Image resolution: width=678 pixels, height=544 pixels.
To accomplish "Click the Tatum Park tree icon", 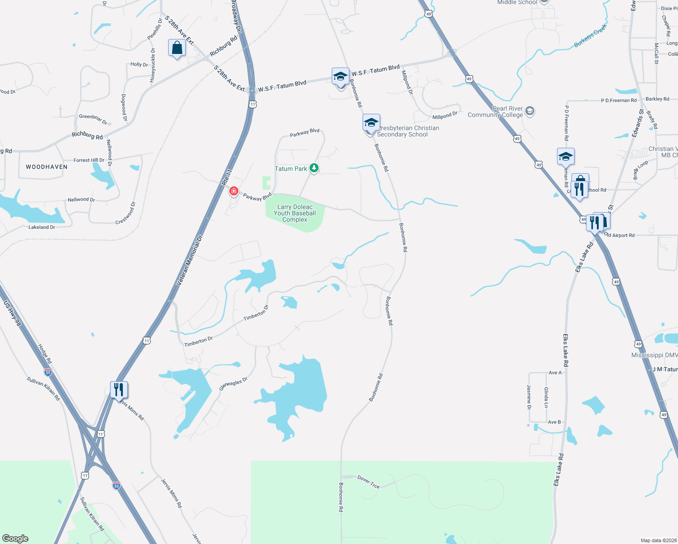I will (x=314, y=168).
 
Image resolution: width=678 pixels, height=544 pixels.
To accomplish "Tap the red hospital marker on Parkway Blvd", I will (x=234, y=191).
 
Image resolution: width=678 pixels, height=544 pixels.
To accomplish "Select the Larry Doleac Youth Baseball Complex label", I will (x=295, y=213).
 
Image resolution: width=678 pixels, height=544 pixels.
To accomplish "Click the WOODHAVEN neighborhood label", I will (x=47, y=167).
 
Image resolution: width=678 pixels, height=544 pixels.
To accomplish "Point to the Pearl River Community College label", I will (x=495, y=112).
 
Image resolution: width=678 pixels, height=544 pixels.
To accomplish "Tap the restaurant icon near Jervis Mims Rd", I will (x=119, y=389).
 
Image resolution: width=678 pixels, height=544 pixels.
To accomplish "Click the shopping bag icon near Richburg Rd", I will (x=177, y=48).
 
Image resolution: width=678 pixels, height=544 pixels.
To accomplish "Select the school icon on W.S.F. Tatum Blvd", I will (x=340, y=77).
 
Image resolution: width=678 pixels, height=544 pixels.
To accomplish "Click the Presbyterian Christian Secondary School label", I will (x=405, y=131).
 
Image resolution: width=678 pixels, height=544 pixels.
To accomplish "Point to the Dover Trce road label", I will (x=368, y=481).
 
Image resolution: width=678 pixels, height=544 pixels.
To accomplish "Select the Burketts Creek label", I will (x=590, y=36).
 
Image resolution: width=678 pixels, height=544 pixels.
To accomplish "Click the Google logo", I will (x=15, y=538).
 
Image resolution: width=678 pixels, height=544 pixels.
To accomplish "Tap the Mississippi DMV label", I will (x=654, y=355).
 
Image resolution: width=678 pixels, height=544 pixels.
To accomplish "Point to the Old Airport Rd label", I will (x=620, y=235).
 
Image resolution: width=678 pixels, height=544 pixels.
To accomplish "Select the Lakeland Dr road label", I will (x=42, y=227).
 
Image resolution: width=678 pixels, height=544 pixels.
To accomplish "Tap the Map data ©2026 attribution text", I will (x=658, y=540).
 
